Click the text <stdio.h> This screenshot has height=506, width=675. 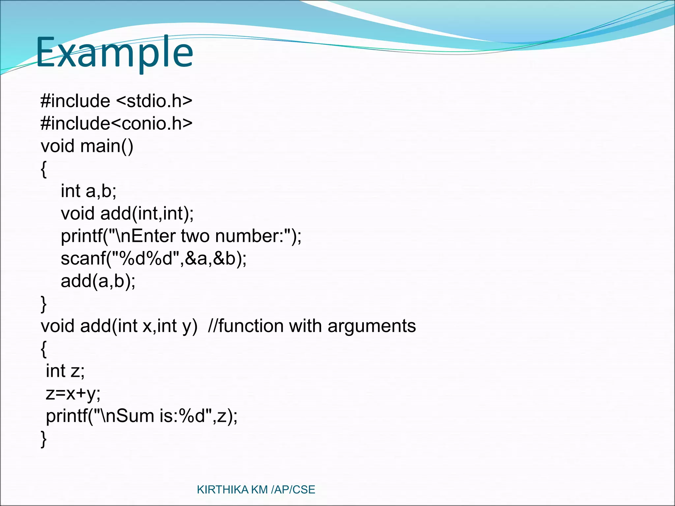(x=154, y=101)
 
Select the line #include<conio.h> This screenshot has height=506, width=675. (x=116, y=124)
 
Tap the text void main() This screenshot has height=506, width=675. (x=87, y=146)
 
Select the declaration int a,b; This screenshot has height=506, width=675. (x=88, y=191)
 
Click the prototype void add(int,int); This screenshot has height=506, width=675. (x=127, y=213)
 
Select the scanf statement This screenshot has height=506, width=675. (x=154, y=258)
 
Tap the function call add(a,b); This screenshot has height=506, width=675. (x=98, y=281)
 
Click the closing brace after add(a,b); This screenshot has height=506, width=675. (x=44, y=304)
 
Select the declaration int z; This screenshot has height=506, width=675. (x=65, y=371)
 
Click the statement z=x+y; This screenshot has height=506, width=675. (x=73, y=394)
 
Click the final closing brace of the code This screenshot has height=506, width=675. (x=44, y=439)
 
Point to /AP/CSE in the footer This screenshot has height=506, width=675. (x=293, y=490)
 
